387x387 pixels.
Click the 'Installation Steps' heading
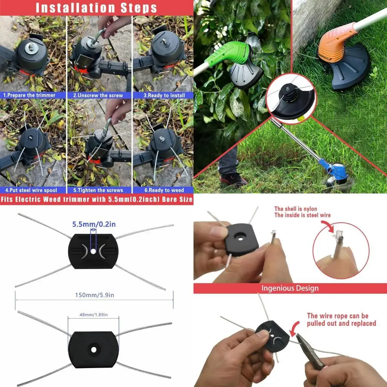(x=96, y=8)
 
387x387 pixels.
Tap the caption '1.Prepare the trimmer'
(x=29, y=95)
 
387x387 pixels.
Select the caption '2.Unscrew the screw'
(x=98, y=95)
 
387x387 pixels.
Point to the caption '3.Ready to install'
(x=164, y=95)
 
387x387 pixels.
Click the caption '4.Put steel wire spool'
(x=31, y=190)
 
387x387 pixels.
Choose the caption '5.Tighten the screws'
(x=98, y=190)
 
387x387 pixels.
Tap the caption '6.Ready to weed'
(x=164, y=190)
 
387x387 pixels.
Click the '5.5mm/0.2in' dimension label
(x=94, y=224)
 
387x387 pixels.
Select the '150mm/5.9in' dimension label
(x=94, y=295)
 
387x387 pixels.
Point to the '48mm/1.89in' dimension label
(x=94, y=315)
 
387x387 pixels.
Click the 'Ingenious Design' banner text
(x=290, y=288)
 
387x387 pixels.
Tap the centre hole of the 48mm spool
(x=94, y=350)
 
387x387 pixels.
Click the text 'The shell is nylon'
(x=296, y=209)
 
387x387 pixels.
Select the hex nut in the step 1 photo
(x=31, y=46)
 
